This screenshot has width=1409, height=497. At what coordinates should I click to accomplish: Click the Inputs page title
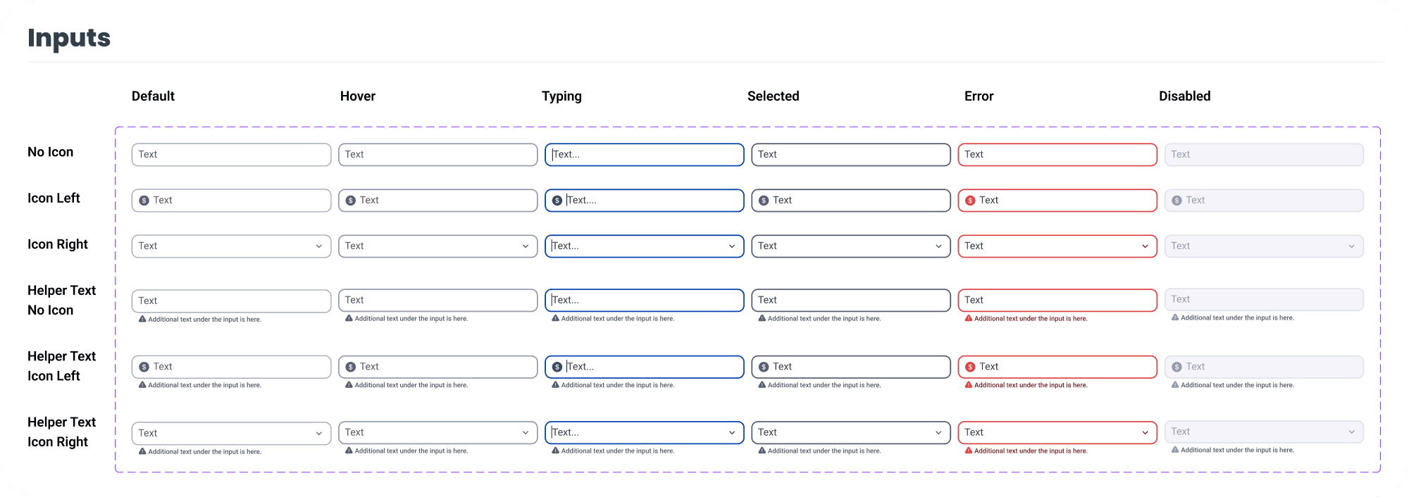pyautogui.click(x=69, y=38)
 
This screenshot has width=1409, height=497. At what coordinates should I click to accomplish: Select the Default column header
pyautogui.click(x=153, y=96)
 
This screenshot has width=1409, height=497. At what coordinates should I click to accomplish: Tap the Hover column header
pyautogui.click(x=357, y=96)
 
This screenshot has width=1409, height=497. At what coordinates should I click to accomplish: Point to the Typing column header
pyautogui.click(x=561, y=96)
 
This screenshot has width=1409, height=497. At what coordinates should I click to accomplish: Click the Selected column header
pyautogui.click(x=773, y=96)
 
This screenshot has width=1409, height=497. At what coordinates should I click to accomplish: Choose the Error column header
pyautogui.click(x=979, y=96)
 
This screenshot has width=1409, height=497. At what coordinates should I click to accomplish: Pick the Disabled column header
pyautogui.click(x=1184, y=96)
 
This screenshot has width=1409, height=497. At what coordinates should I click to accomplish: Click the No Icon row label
pyautogui.click(x=50, y=152)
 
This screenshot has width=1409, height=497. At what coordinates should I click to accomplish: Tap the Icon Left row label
pyautogui.click(x=54, y=199)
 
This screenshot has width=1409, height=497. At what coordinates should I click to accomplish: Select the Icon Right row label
pyautogui.click(x=58, y=244)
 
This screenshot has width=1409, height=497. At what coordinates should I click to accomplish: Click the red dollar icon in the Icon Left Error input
pyautogui.click(x=970, y=201)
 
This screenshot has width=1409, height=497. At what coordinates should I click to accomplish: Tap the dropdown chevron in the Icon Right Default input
pyautogui.click(x=319, y=246)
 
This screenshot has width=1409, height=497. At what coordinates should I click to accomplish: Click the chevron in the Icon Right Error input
pyautogui.click(x=1145, y=246)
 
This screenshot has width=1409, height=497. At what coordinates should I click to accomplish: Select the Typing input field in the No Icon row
pyautogui.click(x=644, y=155)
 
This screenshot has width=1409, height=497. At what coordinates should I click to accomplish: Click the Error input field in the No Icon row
pyautogui.click(x=1057, y=155)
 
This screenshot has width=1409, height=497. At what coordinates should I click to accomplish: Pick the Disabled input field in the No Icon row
pyautogui.click(x=1264, y=155)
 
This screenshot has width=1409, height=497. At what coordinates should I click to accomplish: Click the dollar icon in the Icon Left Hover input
pyautogui.click(x=351, y=201)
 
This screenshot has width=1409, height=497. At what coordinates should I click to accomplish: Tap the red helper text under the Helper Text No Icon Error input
pyautogui.click(x=1030, y=319)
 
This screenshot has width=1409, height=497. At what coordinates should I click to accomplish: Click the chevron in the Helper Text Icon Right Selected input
pyautogui.click(x=938, y=433)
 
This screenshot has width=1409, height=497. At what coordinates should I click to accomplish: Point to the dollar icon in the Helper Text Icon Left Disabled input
pyautogui.click(x=1177, y=367)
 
